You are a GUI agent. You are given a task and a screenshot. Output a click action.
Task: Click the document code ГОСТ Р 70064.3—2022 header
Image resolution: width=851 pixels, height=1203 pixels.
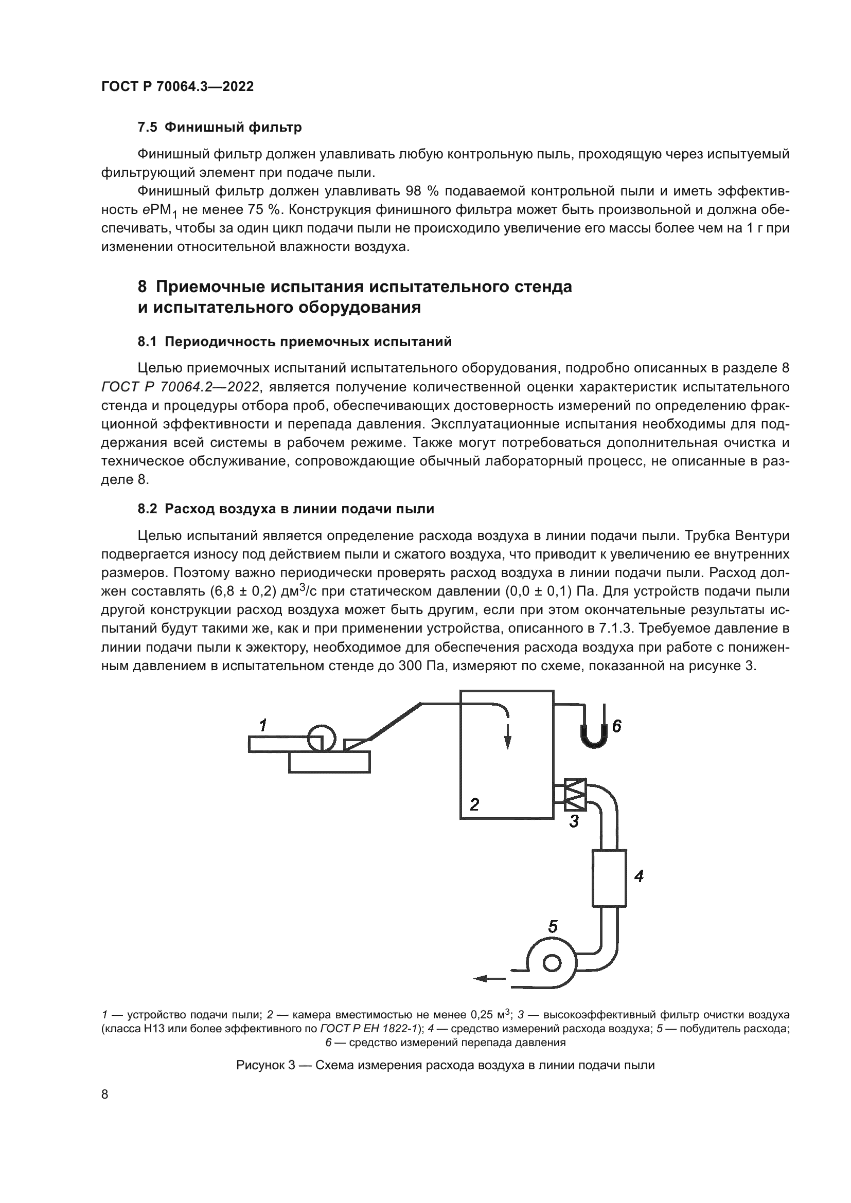(x=177, y=87)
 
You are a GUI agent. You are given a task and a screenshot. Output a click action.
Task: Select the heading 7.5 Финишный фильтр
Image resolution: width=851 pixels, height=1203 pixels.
(x=220, y=128)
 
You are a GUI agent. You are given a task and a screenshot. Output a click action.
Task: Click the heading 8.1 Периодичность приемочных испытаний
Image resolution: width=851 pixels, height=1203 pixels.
(x=294, y=342)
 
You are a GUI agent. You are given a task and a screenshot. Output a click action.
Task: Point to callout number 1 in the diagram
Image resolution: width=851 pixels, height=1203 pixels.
(x=263, y=725)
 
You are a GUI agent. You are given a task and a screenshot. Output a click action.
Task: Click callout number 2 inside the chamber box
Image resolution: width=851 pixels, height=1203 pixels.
(x=474, y=804)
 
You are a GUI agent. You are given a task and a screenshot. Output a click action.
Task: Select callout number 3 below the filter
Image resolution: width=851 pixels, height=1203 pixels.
(x=574, y=821)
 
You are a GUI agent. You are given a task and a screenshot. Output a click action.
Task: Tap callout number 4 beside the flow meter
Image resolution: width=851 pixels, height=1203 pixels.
(x=638, y=876)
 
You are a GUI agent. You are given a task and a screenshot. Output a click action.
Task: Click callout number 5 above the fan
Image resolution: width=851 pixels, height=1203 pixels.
(x=552, y=927)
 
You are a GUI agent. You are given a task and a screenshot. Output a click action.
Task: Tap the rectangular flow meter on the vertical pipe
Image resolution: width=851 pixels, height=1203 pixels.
(x=609, y=878)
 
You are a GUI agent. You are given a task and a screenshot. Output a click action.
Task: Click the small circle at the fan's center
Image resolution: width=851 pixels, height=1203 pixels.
(x=551, y=963)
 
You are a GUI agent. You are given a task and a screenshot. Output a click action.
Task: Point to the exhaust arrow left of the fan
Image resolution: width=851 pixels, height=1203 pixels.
(x=488, y=978)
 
